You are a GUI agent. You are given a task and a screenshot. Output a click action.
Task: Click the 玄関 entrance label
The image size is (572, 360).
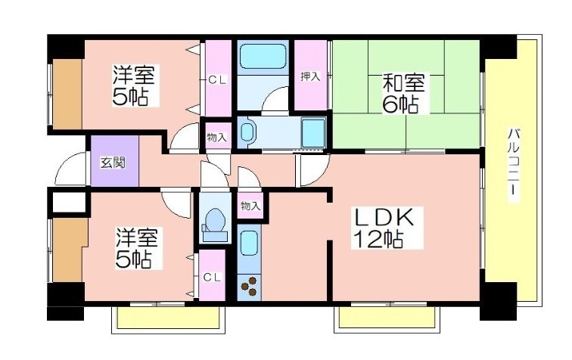(x=113, y=163)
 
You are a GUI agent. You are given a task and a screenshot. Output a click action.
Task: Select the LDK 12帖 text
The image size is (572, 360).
(x=387, y=228)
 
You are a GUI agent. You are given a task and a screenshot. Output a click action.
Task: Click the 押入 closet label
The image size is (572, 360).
(x=310, y=76)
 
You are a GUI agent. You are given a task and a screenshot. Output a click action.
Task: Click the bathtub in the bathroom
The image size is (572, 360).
(x=263, y=57)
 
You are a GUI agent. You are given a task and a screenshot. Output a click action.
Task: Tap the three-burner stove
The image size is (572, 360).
(x=250, y=287)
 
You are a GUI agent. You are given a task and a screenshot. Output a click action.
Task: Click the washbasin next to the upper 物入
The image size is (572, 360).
(x=247, y=132)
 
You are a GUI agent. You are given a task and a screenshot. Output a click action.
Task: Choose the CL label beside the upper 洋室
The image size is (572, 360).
(x=217, y=80)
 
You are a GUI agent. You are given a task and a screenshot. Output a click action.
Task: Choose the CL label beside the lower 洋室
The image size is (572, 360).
(x=212, y=278)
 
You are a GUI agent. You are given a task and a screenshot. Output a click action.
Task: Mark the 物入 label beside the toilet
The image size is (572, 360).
(x=250, y=206)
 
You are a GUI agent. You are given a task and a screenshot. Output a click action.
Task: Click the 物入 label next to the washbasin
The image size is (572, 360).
(x=216, y=138)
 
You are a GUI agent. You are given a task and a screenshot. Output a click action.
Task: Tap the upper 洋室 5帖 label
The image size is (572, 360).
(x=133, y=85)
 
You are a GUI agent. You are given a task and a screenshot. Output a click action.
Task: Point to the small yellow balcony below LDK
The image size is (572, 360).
(x=387, y=318)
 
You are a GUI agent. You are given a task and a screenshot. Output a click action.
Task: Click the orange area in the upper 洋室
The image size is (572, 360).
(x=67, y=95)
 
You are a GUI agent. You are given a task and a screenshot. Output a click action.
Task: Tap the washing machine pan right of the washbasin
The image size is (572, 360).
(x=313, y=132)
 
